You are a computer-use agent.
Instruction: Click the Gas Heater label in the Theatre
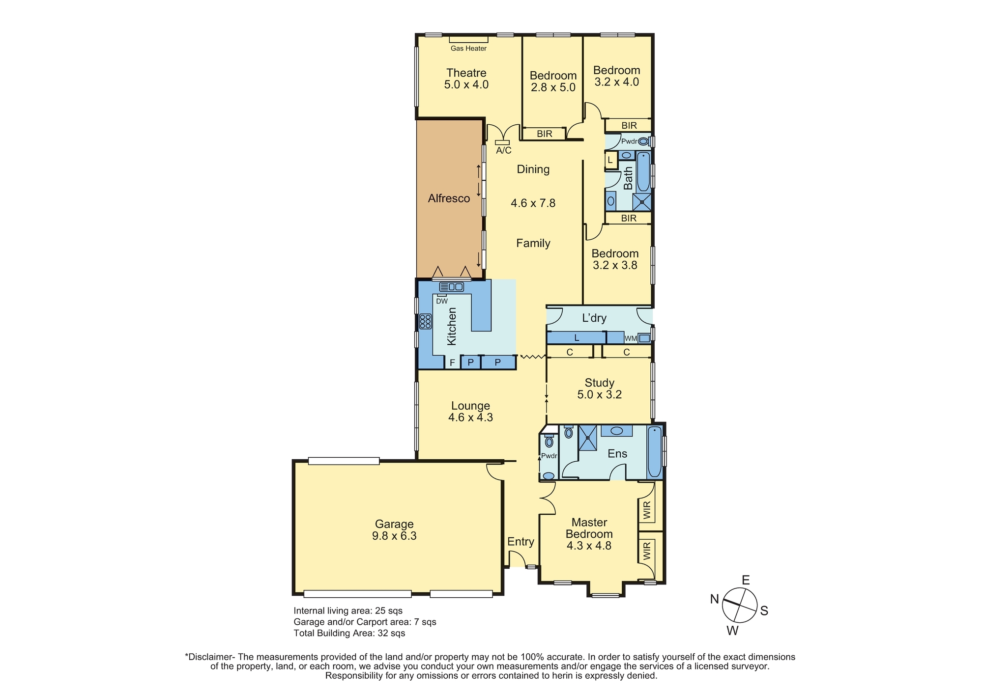pos(468,48)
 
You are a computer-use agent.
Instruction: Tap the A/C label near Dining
pos(503,150)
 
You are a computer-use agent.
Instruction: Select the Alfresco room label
pos(449,198)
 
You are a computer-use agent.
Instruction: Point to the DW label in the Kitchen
pos(442,301)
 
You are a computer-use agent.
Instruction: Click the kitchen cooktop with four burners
pos(425,322)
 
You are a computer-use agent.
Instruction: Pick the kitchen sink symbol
pos(452,287)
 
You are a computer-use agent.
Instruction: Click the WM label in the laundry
pos(630,338)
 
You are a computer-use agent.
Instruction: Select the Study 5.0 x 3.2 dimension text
pos(600,394)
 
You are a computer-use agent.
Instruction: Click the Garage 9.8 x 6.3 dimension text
pos(394,536)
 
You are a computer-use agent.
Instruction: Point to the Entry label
pos(520,542)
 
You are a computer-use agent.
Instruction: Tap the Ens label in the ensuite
pos(617,453)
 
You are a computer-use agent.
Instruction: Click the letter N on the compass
pos(715,598)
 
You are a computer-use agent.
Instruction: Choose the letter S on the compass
pos(764,611)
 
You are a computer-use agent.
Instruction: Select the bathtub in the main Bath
pos(643,172)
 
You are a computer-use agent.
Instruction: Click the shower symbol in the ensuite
pos(587,438)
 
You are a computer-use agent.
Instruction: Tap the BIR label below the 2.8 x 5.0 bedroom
pos(544,134)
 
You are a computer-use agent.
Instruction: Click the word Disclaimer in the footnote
pos(211,657)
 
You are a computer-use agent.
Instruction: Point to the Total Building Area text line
pos(349,633)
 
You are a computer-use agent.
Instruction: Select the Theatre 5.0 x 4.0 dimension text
pos(466,84)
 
